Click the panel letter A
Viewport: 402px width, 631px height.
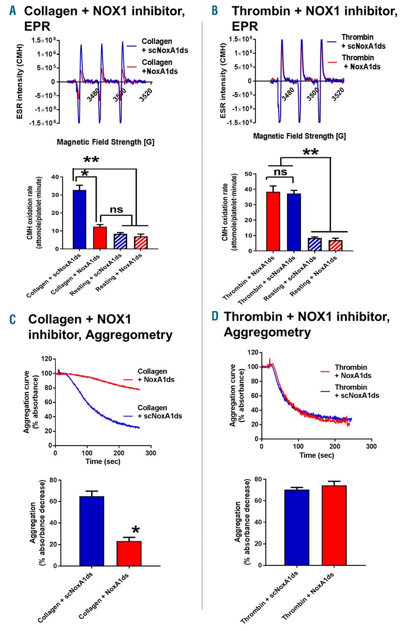[12, 10]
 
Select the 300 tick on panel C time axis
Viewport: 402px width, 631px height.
[150, 453]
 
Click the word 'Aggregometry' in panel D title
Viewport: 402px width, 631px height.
[267, 332]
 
